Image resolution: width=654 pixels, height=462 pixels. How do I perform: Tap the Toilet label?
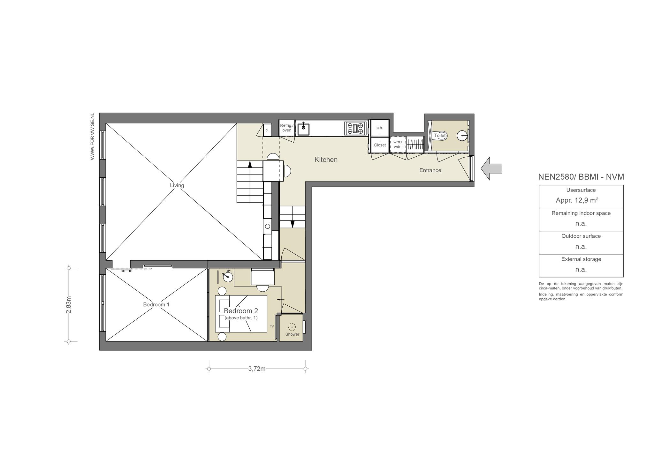pos(440,136)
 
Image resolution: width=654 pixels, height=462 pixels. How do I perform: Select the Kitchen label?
pos(326,160)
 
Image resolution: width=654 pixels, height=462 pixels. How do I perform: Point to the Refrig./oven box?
pos(287,128)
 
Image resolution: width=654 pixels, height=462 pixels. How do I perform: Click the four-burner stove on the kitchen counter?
pos(355,128)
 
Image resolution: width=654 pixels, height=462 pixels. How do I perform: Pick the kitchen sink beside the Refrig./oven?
pos(303,129)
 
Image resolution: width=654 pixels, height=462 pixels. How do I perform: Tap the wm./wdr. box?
pos(398,144)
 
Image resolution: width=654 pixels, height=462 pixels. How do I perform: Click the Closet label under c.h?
pos(380,145)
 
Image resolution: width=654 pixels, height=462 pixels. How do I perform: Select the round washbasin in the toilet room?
pos(462,136)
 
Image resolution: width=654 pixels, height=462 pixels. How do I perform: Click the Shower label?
pos(292,334)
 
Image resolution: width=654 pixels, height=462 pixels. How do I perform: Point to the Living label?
pos(177,185)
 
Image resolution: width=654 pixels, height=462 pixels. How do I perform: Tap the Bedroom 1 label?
pos(156,305)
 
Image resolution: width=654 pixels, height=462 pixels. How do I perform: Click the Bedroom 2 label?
pos(241,311)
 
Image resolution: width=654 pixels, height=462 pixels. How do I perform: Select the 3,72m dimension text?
pos(257,369)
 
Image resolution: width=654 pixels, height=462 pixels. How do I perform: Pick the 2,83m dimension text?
pos(69,305)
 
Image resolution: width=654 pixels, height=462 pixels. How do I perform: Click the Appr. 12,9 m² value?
pos(577,200)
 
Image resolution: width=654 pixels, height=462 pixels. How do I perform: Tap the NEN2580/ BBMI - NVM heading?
pos(581,177)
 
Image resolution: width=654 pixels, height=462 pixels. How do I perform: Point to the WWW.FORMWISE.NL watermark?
pos(93,136)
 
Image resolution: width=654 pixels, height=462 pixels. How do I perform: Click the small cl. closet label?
pos(267,130)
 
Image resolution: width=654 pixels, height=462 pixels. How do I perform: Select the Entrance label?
pos(430,170)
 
